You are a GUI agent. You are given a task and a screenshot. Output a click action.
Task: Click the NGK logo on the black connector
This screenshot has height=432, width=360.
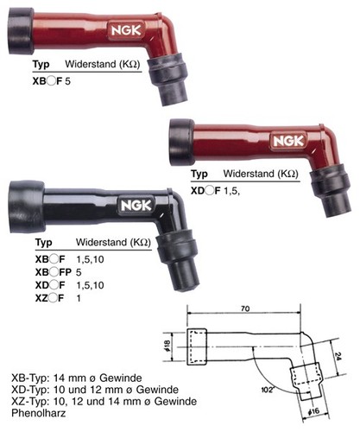click(x=136, y=206)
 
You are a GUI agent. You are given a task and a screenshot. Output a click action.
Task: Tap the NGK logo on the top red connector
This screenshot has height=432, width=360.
click(x=126, y=30)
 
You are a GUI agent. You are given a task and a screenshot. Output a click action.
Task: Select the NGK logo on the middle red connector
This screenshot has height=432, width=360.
click(x=288, y=141)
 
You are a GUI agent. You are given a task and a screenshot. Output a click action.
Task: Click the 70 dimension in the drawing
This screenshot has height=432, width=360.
click(x=245, y=308)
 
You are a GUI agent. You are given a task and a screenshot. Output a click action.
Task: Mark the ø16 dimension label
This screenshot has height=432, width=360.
click(x=313, y=410)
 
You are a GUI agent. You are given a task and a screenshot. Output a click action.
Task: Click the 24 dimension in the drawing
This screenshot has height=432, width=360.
click(x=338, y=357)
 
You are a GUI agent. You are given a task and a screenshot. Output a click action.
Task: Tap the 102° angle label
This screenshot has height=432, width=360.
click(x=268, y=390)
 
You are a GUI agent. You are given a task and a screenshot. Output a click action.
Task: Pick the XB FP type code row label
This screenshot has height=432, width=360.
click(x=54, y=272)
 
